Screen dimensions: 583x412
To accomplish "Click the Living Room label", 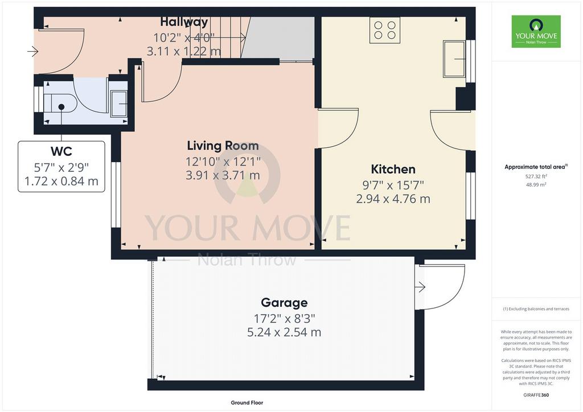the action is [223, 146].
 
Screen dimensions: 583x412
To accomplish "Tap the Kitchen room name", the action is [393, 170].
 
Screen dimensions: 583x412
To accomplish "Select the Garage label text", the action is [284, 303].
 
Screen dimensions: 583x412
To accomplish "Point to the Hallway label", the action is [184, 22].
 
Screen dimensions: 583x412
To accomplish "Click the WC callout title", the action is [61, 151].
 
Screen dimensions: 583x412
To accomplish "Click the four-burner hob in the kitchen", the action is [385, 30].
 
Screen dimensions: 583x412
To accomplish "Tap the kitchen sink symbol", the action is [454, 59].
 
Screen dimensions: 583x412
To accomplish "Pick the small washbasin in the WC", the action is [119, 103].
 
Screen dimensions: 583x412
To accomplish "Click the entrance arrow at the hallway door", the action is [32, 51].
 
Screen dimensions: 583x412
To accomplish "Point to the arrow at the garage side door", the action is [420, 287].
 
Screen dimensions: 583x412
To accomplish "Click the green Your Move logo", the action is [536, 31].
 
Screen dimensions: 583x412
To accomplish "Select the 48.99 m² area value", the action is [536, 184].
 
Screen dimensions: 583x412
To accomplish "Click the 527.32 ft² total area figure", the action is [536, 177].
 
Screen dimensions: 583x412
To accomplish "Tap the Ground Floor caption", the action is [247, 403].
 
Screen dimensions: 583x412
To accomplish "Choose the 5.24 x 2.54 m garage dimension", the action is [284, 332].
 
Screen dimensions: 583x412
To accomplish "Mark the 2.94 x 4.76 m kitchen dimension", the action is [393, 199].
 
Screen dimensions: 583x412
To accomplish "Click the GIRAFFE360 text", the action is [536, 395].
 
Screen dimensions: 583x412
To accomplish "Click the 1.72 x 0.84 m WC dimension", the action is [61, 182].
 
